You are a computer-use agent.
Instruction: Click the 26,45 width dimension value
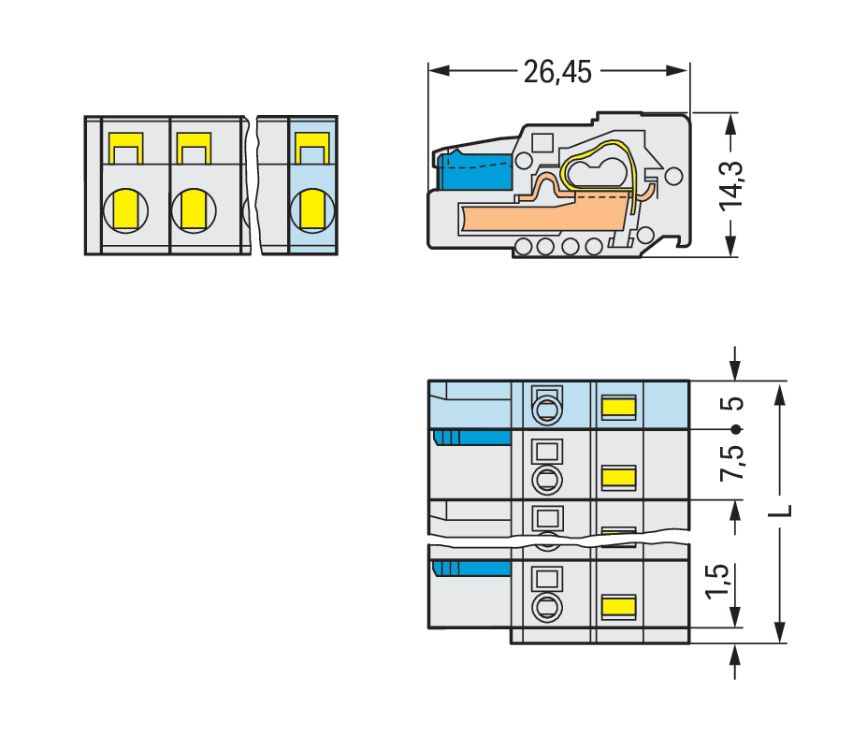click(x=558, y=72)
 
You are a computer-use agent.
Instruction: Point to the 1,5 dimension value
click(x=717, y=583)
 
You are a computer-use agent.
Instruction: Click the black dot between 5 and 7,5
click(x=736, y=429)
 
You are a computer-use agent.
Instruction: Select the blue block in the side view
click(x=474, y=174)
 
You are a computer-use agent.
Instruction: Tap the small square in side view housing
click(x=540, y=143)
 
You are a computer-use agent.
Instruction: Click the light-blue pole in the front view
click(x=313, y=185)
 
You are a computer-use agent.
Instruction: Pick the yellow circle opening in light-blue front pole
click(x=312, y=209)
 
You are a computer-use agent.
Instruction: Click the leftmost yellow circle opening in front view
click(x=125, y=209)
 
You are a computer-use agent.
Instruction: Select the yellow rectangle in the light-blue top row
click(x=618, y=407)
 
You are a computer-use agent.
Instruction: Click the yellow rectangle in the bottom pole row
click(x=618, y=608)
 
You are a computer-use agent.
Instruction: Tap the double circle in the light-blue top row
click(x=546, y=410)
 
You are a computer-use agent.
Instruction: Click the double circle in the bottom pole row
click(x=546, y=608)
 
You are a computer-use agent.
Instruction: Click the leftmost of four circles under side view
click(x=524, y=247)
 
